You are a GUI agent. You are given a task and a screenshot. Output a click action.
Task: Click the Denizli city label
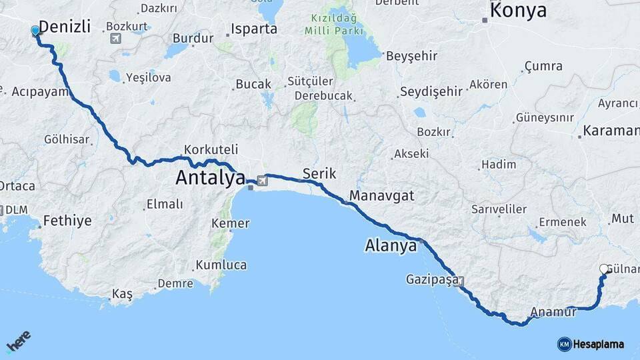64,27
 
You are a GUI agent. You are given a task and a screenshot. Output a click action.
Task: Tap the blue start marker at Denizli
35,31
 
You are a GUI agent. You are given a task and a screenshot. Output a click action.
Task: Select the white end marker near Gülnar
604,269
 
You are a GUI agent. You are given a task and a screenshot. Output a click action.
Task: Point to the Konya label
518,11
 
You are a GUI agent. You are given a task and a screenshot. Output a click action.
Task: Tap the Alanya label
391,245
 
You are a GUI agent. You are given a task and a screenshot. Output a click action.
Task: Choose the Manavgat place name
382,196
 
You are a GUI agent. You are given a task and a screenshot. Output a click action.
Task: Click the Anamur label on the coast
554,311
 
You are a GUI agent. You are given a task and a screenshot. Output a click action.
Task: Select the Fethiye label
67,221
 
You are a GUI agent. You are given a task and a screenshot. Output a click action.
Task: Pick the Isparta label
254,29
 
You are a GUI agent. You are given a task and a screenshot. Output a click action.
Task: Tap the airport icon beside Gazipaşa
459,281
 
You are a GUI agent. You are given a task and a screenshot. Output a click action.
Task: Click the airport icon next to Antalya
261,180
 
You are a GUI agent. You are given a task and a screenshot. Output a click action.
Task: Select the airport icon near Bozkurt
117,37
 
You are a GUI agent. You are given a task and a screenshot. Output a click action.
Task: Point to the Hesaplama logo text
598,344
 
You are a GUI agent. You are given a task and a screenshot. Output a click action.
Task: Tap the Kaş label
122,294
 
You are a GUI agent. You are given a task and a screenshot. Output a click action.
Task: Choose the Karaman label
611,131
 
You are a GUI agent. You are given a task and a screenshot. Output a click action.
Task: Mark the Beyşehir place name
411,56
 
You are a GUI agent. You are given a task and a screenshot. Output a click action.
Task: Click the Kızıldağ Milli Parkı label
335,25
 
